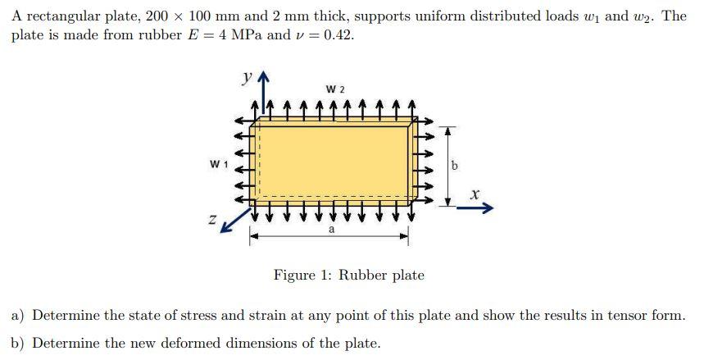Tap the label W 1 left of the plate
click(218, 163)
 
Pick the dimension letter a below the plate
click(330, 230)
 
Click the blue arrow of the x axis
click(475, 209)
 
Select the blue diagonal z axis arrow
click(237, 218)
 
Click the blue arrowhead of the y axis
click(262, 80)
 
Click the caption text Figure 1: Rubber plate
click(349, 276)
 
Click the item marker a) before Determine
click(17, 315)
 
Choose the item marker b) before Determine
click(17, 343)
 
